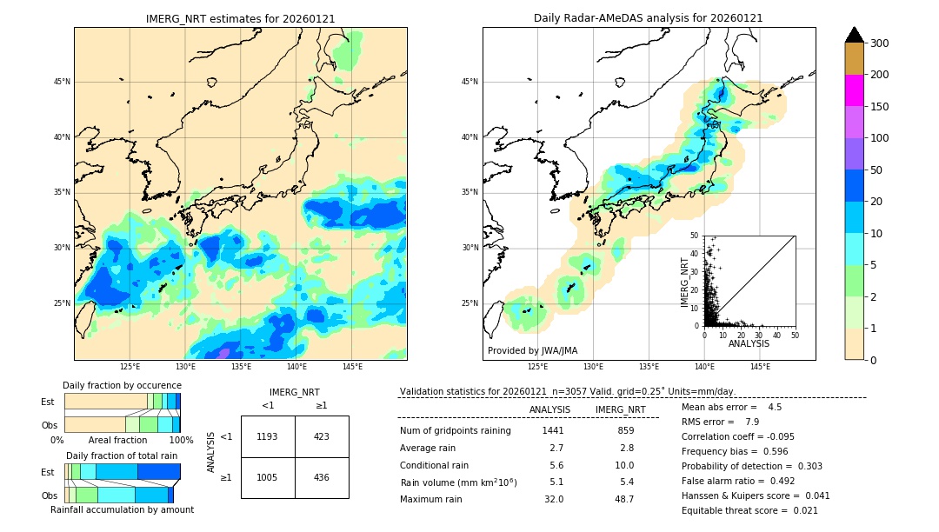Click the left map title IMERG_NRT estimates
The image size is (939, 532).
coord(240,18)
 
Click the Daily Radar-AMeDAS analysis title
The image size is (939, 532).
coord(648,18)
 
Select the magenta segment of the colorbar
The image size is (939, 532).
coord(854,90)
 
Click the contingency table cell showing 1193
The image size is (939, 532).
coord(268,436)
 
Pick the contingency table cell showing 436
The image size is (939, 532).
coord(322,477)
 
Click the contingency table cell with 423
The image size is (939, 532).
coord(322,436)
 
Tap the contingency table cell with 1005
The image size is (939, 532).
coord(268,477)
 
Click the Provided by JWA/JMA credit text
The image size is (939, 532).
coord(532,351)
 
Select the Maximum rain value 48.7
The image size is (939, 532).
coord(624,499)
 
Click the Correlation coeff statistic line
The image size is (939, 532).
coord(738,436)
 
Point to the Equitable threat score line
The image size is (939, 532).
coord(749,510)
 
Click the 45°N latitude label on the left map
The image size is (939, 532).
coord(62,82)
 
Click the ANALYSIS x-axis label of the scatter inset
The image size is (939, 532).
coord(749,343)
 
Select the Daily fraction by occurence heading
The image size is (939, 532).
coord(122,385)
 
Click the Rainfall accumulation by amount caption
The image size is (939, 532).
coord(122,509)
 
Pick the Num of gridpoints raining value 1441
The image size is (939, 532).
coord(553,431)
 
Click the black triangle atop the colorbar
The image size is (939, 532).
coord(855,35)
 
